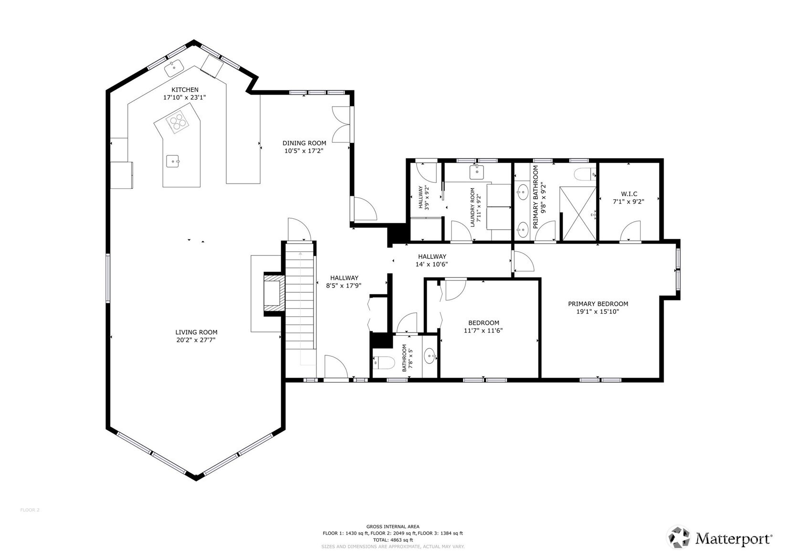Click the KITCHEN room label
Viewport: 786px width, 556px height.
(185, 90)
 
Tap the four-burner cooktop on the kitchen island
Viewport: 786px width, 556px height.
(177, 121)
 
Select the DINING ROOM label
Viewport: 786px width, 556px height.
(304, 143)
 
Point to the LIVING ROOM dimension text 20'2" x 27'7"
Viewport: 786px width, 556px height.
(196, 340)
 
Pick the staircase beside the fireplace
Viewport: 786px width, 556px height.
(300, 302)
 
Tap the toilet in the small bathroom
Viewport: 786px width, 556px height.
(384, 363)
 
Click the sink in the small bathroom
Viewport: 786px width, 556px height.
(430, 356)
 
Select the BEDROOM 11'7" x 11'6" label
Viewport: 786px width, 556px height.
(483, 326)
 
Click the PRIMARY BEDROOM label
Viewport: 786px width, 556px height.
(598, 304)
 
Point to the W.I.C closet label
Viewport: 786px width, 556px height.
(629, 194)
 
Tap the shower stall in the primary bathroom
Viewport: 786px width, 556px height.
(577, 214)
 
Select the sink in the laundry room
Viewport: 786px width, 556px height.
(477, 172)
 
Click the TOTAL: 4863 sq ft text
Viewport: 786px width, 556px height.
(393, 540)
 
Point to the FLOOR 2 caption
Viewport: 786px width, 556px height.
(30, 510)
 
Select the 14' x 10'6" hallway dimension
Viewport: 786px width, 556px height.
(431, 265)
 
